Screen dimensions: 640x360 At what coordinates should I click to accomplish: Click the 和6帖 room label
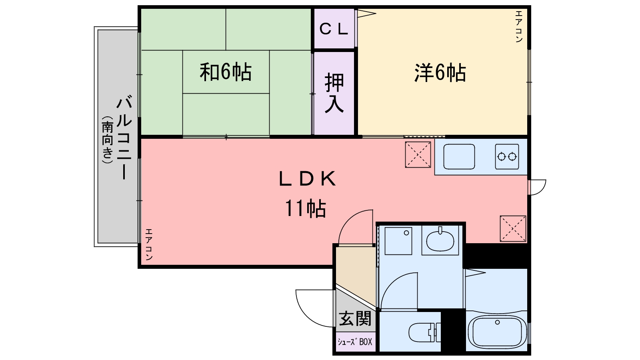pos(226,72)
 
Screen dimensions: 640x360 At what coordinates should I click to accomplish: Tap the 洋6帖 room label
pos(440,73)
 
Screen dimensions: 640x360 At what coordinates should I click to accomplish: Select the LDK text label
pos(307,180)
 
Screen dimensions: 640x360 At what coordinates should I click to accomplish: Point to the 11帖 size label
pos(305,208)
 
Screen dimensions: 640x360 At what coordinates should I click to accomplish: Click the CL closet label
pos(334,29)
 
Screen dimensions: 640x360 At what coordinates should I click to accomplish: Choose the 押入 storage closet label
pos(334,93)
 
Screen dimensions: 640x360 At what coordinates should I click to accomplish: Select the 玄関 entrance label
pos(355,319)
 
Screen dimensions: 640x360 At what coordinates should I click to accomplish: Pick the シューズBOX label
pos(355,342)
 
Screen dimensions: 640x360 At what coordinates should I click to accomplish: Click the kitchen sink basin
pos(459,157)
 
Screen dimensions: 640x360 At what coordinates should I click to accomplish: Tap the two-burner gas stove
pos(507,156)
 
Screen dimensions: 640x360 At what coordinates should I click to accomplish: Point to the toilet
pos(425,332)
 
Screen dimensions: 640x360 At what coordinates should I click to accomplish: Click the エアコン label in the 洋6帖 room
pos(519,26)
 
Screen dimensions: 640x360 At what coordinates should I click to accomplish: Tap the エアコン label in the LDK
pos(149,244)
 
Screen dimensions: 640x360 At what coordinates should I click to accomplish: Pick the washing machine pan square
pos(398,241)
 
